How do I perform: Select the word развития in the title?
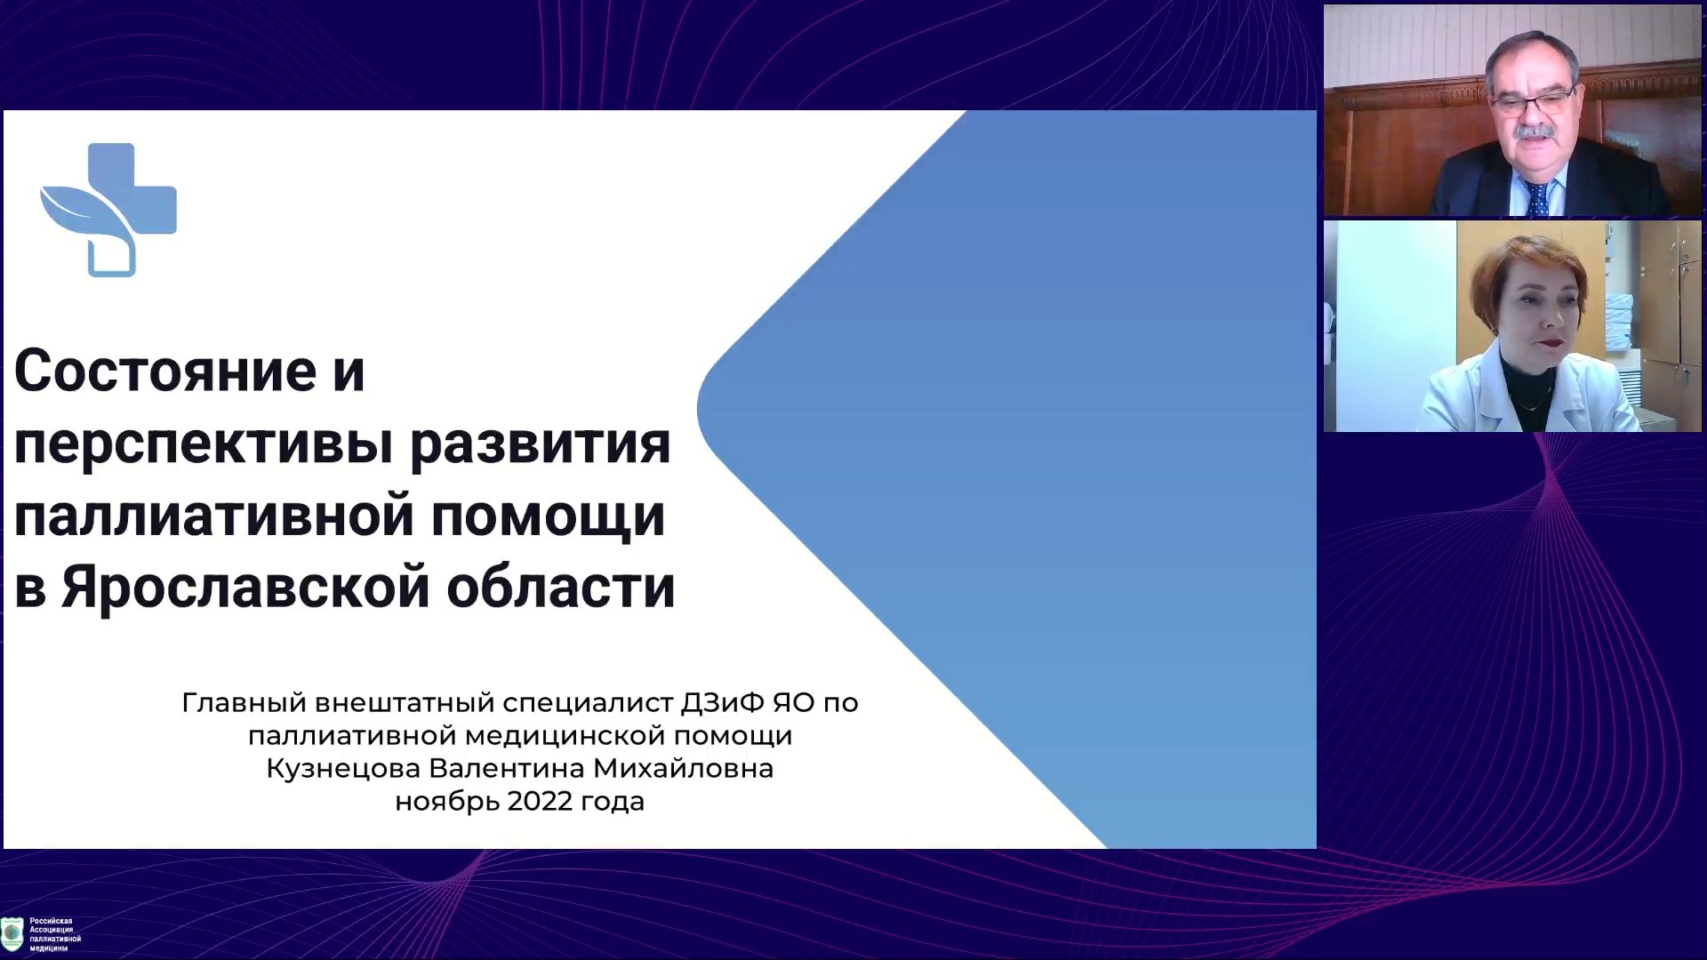(540, 443)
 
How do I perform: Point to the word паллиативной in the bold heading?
(214, 516)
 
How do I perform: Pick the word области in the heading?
(561, 588)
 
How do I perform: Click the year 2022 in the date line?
(540, 801)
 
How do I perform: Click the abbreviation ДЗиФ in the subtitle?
(722, 703)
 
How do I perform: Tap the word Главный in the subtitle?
(244, 703)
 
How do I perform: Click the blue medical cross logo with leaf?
(108, 210)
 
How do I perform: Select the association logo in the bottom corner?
(12, 934)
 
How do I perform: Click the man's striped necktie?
(1537, 197)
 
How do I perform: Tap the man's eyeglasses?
(1534, 102)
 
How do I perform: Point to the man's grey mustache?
(1537, 133)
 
